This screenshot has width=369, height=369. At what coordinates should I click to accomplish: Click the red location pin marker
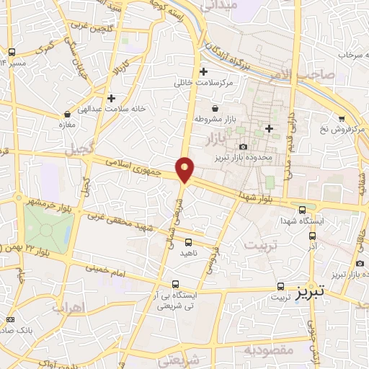185,169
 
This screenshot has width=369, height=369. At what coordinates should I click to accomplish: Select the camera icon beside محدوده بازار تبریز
244,147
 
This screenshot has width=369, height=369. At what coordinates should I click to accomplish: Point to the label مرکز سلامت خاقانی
205,83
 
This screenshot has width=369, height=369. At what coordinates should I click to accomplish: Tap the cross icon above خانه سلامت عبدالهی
111,98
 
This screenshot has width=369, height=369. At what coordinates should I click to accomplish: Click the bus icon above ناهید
189,242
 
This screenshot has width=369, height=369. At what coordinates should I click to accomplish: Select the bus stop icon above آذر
312,236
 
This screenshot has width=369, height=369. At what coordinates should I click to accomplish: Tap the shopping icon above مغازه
67,113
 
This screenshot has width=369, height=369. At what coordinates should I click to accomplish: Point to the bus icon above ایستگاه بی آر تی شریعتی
175,284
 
